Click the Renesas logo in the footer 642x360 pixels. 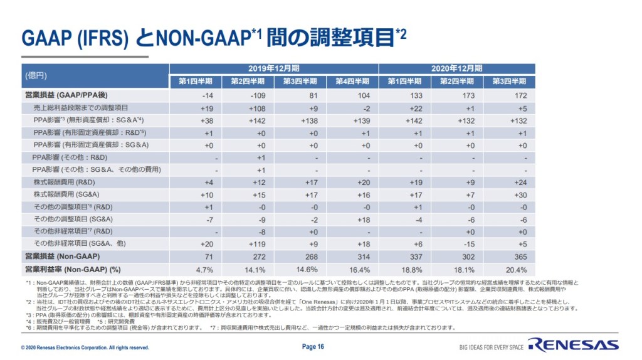point(573,344)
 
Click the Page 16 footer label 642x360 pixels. point(313,346)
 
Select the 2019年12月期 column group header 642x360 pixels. point(274,68)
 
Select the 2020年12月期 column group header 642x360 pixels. point(458,68)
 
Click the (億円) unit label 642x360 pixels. point(36,75)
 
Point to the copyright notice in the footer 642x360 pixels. point(85,347)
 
